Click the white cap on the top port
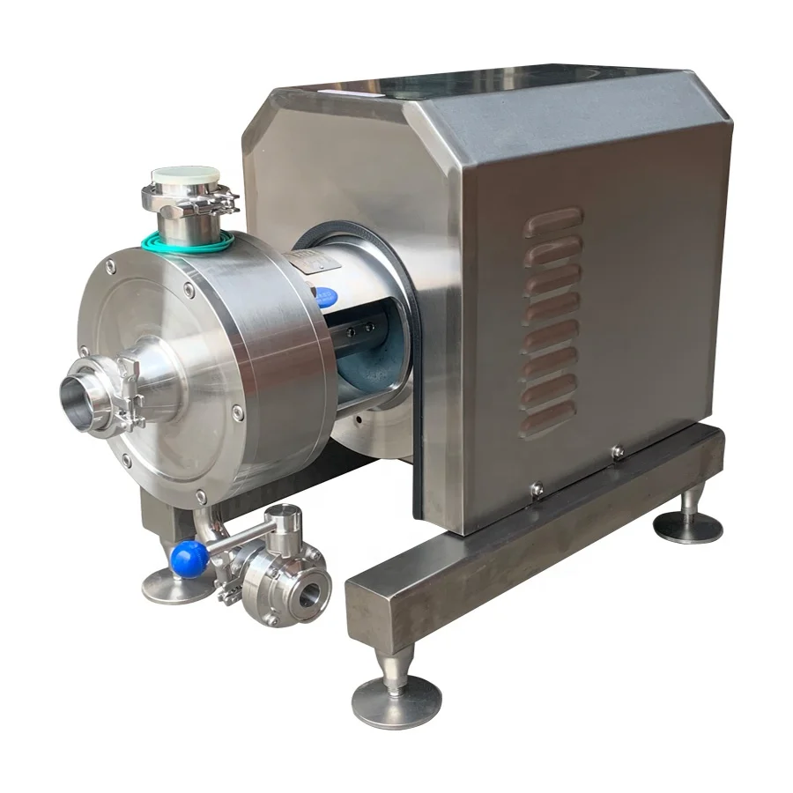[185, 176]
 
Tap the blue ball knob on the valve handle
[188, 557]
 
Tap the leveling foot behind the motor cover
[688, 525]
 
